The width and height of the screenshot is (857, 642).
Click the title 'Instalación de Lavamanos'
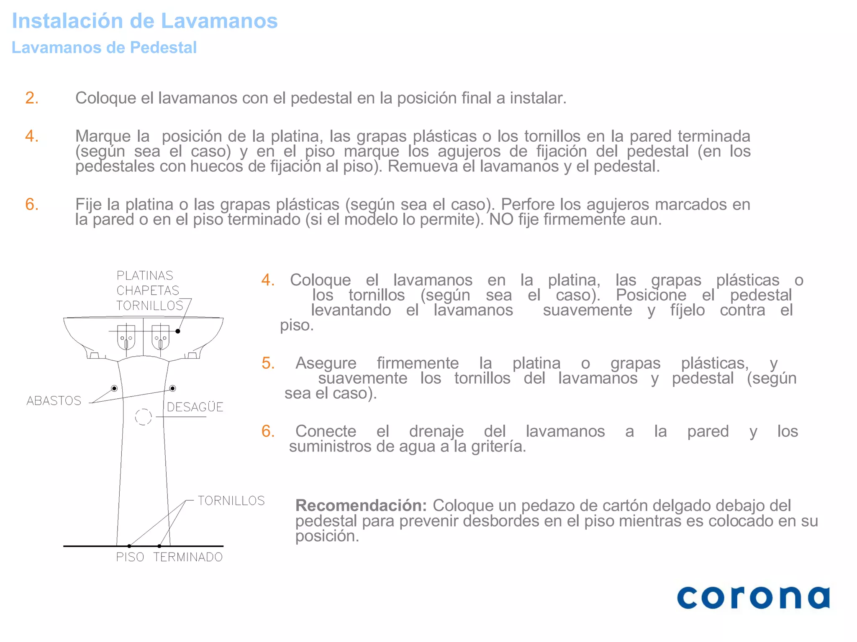[x=144, y=21]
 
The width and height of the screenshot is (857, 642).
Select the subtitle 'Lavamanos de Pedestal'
[x=104, y=48]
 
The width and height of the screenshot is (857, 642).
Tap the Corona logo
[x=753, y=598]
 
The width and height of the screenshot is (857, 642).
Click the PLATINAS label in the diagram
[x=145, y=275]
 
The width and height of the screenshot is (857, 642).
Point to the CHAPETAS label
[x=148, y=290]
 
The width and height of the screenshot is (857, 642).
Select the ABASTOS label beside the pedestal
[x=54, y=401]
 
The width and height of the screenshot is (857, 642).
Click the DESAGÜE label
[x=195, y=407]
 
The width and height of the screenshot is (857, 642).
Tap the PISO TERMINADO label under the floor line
[x=169, y=557]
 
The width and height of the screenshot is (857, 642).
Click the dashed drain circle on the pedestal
[x=143, y=417]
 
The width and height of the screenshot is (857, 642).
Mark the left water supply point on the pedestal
[x=114, y=388]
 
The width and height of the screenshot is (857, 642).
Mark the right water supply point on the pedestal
[x=172, y=388]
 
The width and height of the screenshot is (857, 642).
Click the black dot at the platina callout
[x=178, y=331]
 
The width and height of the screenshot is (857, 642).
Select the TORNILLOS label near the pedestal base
[x=231, y=501]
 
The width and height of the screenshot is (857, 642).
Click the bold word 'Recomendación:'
[x=361, y=506]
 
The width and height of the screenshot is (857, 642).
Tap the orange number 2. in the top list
[x=32, y=98]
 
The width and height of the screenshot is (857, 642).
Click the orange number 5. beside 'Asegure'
[x=268, y=363]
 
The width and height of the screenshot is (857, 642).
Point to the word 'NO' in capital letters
[x=501, y=219]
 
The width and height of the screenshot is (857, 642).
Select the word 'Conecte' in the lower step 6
[x=326, y=431]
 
